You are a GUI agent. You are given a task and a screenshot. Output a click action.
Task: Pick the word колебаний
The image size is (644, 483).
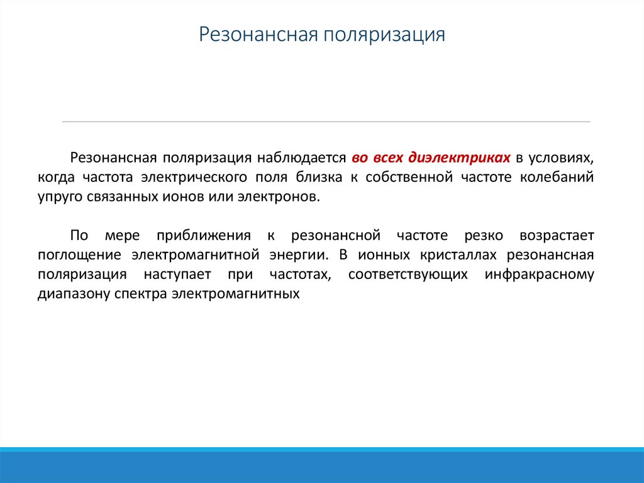click(557, 177)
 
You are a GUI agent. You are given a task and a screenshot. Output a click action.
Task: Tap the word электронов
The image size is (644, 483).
click(278, 196)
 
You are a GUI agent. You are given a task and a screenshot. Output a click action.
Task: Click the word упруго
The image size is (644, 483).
click(57, 196)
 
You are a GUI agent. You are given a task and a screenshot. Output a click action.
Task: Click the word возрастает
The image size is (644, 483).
click(557, 236)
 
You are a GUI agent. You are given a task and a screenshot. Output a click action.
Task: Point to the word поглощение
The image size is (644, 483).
click(78, 255)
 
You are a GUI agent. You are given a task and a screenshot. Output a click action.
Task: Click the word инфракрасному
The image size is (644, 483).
click(540, 275)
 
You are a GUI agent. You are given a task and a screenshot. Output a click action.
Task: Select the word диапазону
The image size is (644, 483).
click(73, 294)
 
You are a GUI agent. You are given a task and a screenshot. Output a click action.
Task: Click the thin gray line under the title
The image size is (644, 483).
click(326, 122)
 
